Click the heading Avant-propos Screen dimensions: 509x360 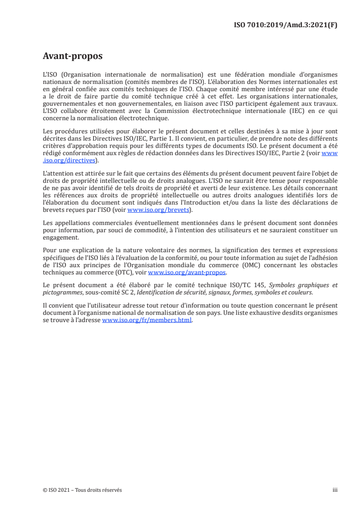click(x=73, y=56)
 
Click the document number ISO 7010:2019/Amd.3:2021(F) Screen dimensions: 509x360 click(x=285, y=25)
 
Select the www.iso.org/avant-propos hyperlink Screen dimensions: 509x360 click(x=187, y=273)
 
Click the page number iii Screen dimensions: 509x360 click(x=335, y=490)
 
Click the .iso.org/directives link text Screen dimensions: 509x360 click(x=69, y=160)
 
